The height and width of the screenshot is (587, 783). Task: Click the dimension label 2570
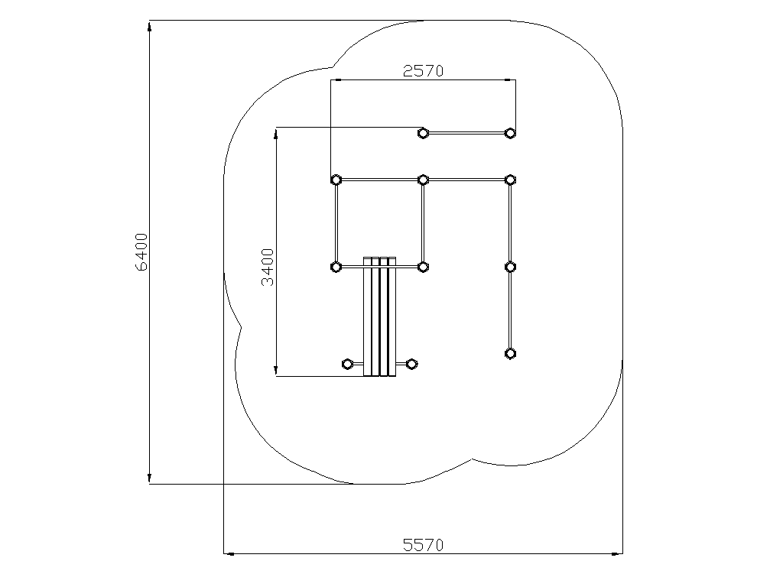[423, 71]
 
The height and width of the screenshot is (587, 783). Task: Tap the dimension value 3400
[268, 267]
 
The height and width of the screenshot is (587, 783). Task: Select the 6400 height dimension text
[141, 252]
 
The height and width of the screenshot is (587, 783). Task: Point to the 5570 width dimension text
[423, 545]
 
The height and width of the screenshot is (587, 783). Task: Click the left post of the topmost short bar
[423, 133]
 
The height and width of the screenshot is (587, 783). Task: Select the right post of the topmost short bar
[510, 133]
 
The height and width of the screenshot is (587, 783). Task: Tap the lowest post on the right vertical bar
[510, 354]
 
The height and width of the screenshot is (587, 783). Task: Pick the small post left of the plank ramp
[347, 364]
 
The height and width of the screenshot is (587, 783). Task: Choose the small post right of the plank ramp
[411, 364]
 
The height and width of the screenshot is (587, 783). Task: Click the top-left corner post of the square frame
[336, 180]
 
